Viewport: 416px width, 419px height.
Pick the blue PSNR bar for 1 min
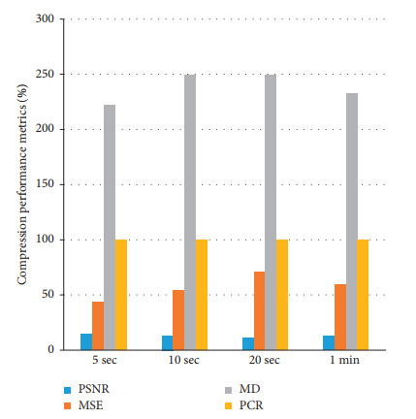click(329, 342)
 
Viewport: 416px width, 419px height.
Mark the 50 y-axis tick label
click(45, 294)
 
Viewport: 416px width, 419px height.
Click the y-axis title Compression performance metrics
click(20, 184)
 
